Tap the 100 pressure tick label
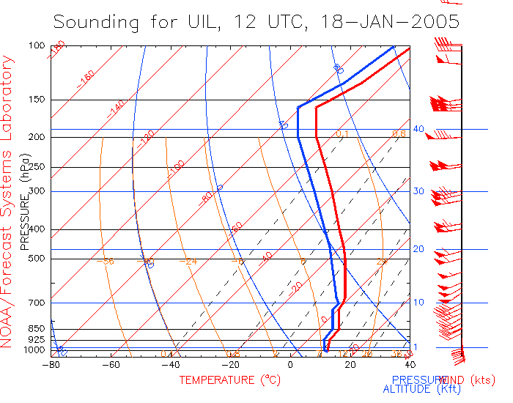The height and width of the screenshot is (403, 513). [37, 45]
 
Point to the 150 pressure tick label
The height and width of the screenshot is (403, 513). [37, 100]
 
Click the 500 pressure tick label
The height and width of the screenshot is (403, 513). [37, 258]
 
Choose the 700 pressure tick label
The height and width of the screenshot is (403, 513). [37, 303]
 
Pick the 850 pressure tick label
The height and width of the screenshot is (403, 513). [37, 329]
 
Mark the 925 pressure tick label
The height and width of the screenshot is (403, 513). [37, 340]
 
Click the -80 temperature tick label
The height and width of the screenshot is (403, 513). [51, 365]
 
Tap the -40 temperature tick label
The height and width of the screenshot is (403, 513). [170, 365]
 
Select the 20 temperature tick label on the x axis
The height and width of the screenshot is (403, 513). [350, 365]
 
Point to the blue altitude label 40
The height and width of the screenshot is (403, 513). [418, 129]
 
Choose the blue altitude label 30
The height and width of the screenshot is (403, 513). [418, 191]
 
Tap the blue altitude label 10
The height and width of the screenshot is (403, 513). [418, 303]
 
